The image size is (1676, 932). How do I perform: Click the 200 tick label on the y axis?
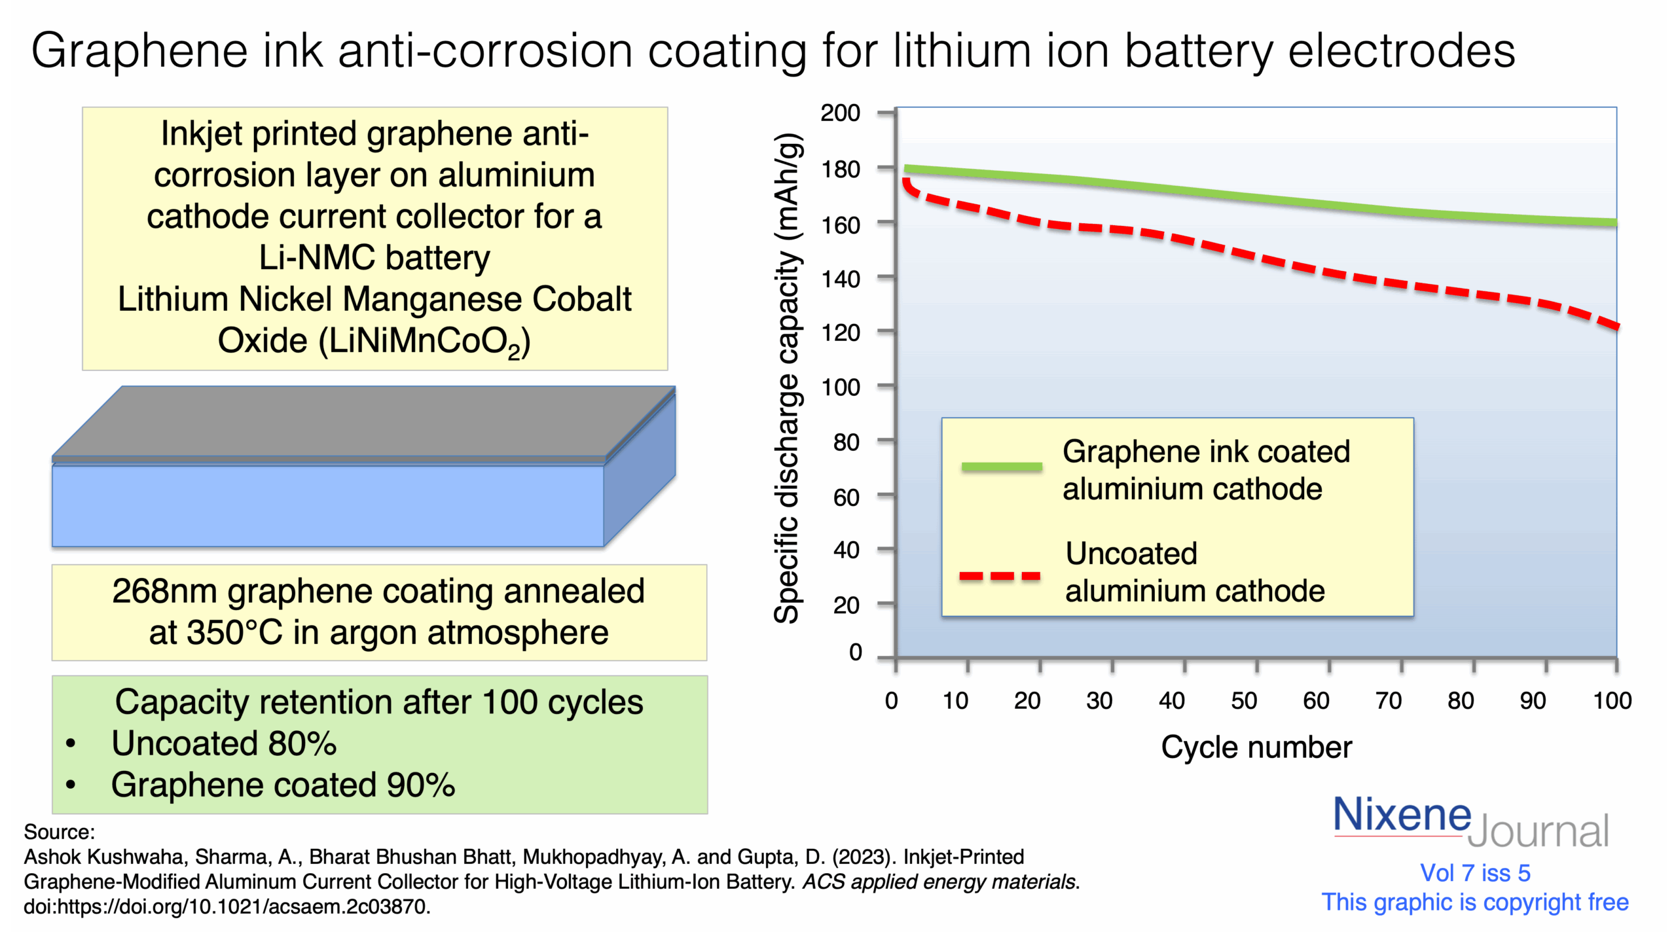tap(840, 113)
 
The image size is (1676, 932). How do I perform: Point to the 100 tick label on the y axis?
tap(840, 387)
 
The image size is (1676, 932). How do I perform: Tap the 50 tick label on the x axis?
tap(1243, 701)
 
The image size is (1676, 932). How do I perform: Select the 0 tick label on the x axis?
tap(891, 701)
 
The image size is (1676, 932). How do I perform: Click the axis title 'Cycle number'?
tap(1256, 747)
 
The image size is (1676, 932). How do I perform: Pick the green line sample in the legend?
tap(1001, 467)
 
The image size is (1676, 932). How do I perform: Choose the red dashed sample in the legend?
tap(999, 577)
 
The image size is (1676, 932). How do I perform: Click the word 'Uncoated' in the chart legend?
tap(1131, 554)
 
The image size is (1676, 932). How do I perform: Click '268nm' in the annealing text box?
tap(164, 592)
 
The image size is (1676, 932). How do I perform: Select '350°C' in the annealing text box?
tap(234, 633)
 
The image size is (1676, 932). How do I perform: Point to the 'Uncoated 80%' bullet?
tap(224, 744)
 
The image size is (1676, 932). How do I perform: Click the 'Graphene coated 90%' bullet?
tap(283, 785)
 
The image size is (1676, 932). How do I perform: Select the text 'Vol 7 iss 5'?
tap(1474, 873)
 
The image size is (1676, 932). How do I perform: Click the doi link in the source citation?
tap(227, 906)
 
